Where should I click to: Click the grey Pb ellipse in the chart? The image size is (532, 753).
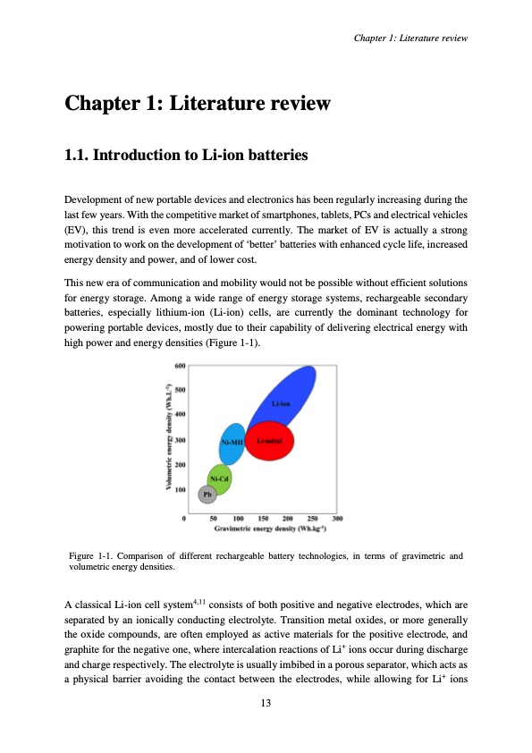(207, 493)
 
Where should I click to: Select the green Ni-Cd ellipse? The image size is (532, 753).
(219, 478)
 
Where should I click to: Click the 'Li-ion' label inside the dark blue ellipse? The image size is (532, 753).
(281, 404)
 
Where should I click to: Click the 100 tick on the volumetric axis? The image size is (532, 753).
(179, 490)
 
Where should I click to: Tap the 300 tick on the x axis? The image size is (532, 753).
(338, 518)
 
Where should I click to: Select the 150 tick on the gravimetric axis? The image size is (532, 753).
(264, 518)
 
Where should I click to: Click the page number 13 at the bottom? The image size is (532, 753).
(266, 702)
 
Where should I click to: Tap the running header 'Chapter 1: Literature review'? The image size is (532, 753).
(411, 38)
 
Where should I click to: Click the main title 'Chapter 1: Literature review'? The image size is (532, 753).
(198, 104)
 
